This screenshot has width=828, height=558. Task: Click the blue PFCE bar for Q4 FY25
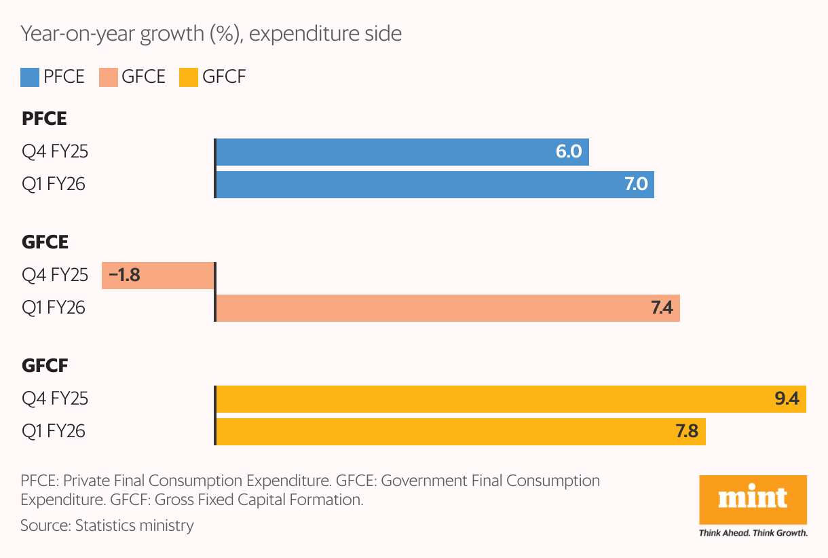402,151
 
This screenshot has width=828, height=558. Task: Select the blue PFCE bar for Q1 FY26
434,184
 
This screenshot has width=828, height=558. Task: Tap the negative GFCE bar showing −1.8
157,275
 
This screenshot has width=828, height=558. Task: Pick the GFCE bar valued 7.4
447,308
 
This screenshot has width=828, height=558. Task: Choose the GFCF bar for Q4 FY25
510,398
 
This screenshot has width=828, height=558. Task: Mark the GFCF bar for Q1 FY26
460,431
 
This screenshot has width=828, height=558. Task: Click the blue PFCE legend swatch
31,77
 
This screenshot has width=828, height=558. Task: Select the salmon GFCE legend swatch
109,77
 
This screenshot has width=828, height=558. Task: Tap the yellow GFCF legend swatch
189,77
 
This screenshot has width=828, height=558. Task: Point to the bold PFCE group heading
44,119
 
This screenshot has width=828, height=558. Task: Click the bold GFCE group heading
45,242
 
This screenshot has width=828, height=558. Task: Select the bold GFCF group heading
45,366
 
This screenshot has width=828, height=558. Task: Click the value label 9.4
787,398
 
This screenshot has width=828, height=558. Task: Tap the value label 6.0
569,151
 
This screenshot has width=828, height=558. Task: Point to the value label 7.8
687,431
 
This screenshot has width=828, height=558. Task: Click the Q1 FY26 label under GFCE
54,308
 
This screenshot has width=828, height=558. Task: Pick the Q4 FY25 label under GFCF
54,398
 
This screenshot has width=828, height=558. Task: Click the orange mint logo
753,499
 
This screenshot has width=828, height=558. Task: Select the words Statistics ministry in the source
134,525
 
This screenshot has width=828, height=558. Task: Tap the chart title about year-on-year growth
211,33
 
